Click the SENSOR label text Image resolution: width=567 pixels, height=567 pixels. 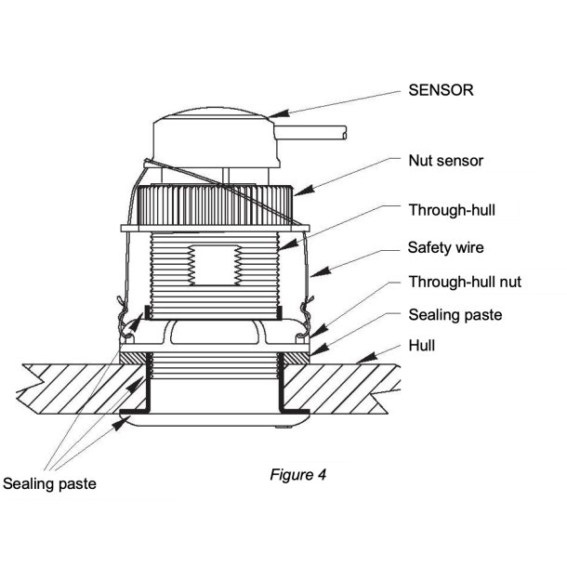point(441,91)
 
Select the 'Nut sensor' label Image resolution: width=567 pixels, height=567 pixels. point(446,161)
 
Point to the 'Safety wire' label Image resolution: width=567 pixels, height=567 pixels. point(445,248)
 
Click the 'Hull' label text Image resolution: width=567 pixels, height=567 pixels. point(422,346)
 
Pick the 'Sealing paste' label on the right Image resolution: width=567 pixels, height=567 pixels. point(455,315)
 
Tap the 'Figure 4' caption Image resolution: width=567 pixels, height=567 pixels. point(297,474)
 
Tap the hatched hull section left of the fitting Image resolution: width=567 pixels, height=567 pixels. point(74,386)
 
